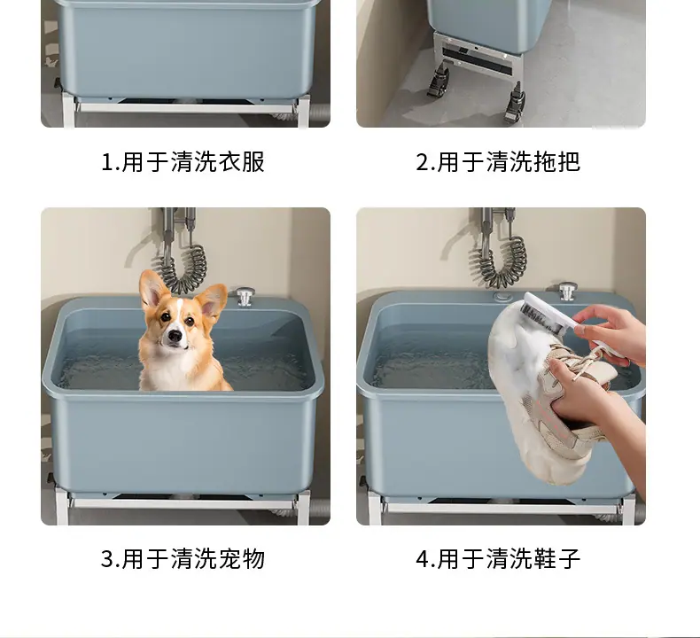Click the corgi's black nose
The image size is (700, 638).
pos(175,334)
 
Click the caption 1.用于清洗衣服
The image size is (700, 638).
pos(183,161)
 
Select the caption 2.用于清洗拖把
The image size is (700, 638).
pos(498,161)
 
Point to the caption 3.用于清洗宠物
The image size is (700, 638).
pos(183,559)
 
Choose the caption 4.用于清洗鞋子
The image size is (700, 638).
pos(498,559)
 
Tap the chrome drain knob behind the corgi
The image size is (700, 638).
pos(245,297)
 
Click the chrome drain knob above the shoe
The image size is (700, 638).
pos(567,292)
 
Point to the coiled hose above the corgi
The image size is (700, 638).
pos(183,268)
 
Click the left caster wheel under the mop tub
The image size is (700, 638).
pos(437,82)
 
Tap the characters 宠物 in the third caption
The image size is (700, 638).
pos(242,559)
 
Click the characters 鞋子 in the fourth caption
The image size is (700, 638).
pos(556,559)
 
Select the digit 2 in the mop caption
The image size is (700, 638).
pos(422,162)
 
